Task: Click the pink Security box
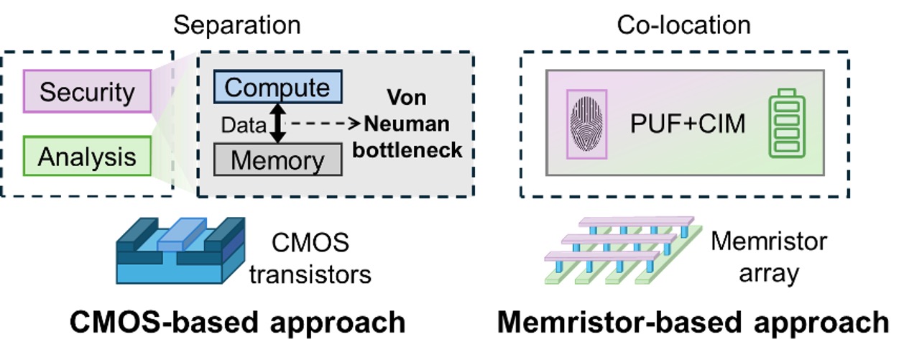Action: [x=87, y=91]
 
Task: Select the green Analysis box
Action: [x=87, y=157]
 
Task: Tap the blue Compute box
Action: [x=277, y=88]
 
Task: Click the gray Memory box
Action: [x=277, y=159]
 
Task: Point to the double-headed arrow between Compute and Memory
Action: [x=277, y=124]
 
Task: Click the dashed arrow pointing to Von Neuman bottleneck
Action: [x=323, y=124]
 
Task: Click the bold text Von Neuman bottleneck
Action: [x=412, y=124]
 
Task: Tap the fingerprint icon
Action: [x=587, y=124]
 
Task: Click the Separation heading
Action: [x=237, y=25]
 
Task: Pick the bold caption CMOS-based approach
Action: [x=237, y=323]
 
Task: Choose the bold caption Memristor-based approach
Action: [x=693, y=323]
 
